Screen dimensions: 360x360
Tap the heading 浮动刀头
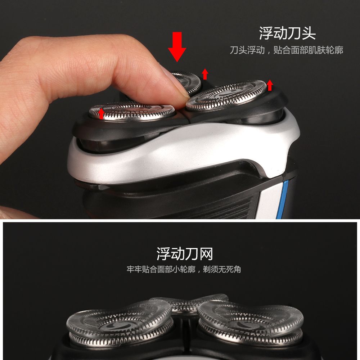(287, 33)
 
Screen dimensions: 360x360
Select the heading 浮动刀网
(185, 254)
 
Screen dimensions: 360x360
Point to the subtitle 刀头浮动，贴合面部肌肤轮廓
(287, 50)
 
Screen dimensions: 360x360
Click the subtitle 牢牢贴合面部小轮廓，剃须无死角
(184, 269)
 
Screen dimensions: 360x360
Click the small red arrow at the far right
(270, 85)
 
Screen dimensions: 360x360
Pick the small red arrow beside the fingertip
(205, 74)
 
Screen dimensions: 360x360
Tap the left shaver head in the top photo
(132, 112)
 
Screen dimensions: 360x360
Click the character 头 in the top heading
(309, 33)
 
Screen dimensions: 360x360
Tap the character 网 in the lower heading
(206, 254)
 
